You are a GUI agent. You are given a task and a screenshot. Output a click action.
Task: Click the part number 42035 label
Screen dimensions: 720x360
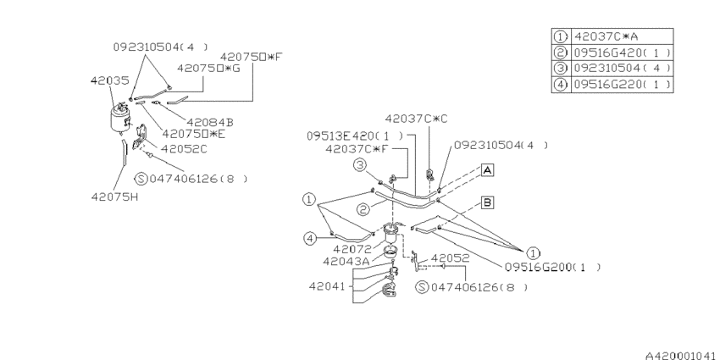[x=110, y=80]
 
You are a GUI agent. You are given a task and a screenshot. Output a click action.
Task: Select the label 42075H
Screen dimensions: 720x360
[x=114, y=197]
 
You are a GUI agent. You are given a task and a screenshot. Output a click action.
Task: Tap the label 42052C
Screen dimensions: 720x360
[x=184, y=149]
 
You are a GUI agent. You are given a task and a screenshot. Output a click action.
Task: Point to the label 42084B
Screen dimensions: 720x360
[x=210, y=122]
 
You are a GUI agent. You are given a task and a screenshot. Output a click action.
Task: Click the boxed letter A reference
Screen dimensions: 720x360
[x=488, y=170]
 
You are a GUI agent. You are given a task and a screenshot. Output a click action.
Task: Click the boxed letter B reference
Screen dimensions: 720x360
[x=488, y=202]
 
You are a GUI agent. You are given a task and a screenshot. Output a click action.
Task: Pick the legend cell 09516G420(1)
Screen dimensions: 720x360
[x=622, y=53]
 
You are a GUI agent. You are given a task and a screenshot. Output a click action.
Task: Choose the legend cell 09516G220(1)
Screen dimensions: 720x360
[x=622, y=85]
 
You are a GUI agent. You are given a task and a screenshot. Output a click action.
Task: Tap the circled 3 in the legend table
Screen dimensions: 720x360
[x=561, y=69]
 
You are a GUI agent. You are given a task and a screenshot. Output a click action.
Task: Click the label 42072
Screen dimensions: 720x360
[x=352, y=249]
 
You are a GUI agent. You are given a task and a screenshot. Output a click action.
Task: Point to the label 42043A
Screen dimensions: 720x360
[x=346, y=261]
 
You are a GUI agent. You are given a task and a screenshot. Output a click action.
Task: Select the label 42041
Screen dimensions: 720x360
[x=327, y=286]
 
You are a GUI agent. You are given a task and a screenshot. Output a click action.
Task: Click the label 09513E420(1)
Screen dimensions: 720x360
[x=356, y=136]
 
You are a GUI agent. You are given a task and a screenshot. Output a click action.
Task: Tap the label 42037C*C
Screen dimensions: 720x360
[x=416, y=119]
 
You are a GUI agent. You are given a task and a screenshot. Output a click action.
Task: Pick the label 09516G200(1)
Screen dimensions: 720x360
[x=552, y=267]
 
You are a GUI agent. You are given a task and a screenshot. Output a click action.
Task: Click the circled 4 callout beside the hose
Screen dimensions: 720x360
[x=309, y=238]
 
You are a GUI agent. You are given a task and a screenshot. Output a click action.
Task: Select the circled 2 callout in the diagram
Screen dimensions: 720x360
[x=363, y=210]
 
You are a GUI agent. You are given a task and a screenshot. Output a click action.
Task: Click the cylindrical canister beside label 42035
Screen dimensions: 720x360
[x=119, y=118]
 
